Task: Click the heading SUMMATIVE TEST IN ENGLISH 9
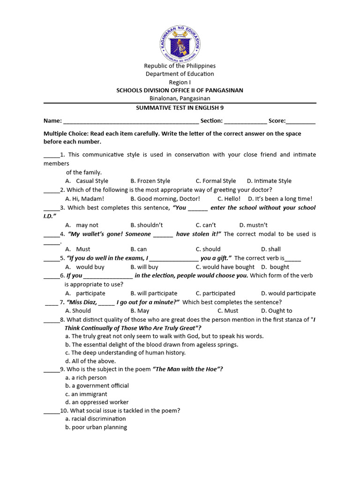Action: pos(180,107)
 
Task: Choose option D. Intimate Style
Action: pos(269,181)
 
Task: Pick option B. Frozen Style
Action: pos(150,181)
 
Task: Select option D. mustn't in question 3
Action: pos(253,225)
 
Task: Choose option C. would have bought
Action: pos(225,267)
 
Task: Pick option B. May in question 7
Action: pos(140,311)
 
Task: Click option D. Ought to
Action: pos(277,311)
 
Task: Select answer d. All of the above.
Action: pos(90,361)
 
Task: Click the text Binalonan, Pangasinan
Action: pos(180,98)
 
